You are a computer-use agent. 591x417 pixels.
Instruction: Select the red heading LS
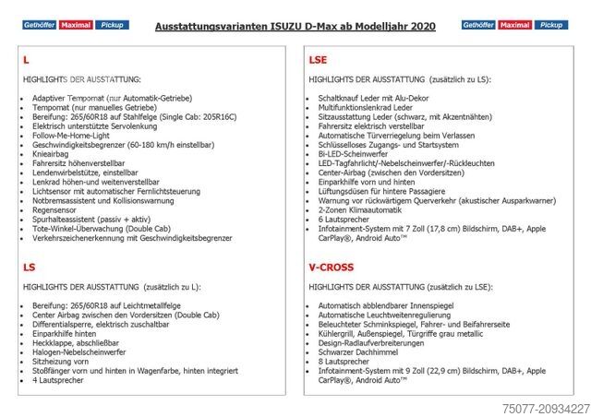[29, 267]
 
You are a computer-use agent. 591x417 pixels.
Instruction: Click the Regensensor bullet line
[55, 208]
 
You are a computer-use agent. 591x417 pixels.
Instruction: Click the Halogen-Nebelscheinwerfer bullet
[79, 352]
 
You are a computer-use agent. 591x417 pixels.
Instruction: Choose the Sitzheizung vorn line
[61, 362]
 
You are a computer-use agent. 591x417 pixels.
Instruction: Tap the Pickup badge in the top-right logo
[551, 25]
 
